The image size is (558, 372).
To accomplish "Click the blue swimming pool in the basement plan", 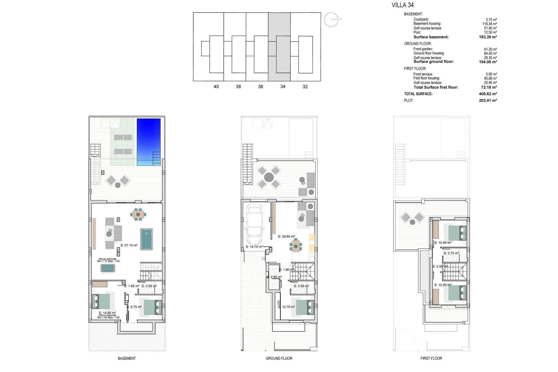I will (149, 141).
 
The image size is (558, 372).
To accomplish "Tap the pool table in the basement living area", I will (146, 239).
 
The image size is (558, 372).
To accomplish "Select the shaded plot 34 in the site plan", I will (279, 46).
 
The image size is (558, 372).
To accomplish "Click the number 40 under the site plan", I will (216, 87).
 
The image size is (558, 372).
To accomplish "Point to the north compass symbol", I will (331, 20).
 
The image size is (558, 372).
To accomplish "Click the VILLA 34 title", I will (403, 5).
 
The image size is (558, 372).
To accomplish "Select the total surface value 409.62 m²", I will (488, 94).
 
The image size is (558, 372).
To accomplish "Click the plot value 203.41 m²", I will (488, 101).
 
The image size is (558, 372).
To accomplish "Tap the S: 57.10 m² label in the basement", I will (129, 245).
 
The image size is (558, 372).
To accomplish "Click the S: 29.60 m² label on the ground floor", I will (286, 237).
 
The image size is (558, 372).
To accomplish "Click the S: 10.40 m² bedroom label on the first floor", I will (443, 243).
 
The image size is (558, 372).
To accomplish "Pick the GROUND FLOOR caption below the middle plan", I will (279, 358).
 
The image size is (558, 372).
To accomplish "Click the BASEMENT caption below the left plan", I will (127, 358).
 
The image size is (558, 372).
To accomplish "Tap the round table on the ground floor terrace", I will (269, 177).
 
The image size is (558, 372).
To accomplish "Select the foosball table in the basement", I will (108, 268).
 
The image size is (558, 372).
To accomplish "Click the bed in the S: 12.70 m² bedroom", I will (305, 307).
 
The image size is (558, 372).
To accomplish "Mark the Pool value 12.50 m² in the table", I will (490, 32).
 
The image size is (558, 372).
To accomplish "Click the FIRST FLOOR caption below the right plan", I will (431, 358).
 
